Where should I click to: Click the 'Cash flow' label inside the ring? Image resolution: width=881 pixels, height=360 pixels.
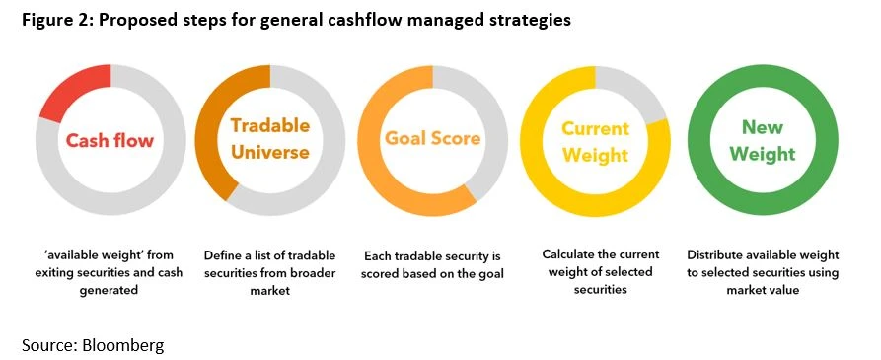tap(110, 140)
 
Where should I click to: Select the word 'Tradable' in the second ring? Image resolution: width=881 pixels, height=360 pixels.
tap(269, 125)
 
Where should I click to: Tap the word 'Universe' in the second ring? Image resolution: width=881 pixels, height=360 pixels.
tap(269, 152)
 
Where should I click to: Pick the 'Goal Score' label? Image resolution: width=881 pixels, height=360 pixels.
tap(432, 139)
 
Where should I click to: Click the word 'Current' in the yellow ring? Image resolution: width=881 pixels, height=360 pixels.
tap(596, 128)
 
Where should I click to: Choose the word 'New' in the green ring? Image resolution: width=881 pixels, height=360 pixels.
tap(763, 127)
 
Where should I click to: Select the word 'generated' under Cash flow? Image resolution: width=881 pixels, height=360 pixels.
tap(110, 291)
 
